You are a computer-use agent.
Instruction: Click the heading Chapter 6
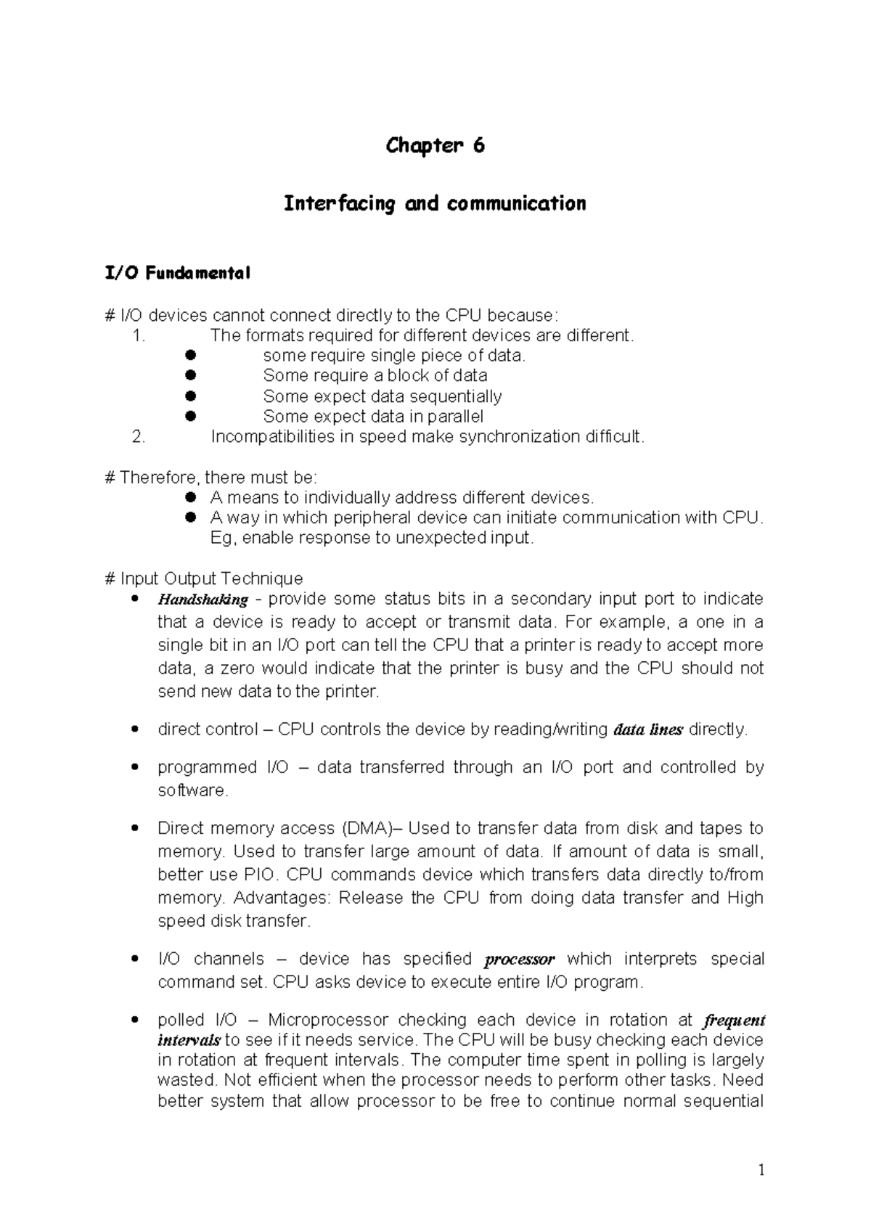pyautogui.click(x=435, y=146)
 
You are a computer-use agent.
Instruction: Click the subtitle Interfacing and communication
pyautogui.click(x=435, y=204)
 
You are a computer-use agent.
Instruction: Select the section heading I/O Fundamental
pyautogui.click(x=178, y=274)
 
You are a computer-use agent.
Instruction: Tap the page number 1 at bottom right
pyautogui.click(x=761, y=1169)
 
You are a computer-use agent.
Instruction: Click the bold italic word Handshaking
pyautogui.click(x=203, y=600)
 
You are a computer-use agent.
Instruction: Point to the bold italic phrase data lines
pyautogui.click(x=647, y=730)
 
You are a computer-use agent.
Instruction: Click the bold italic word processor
pyautogui.click(x=519, y=960)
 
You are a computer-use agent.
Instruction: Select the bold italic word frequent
pyautogui.click(x=735, y=1021)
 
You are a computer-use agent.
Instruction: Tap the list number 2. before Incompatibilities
pyautogui.click(x=139, y=437)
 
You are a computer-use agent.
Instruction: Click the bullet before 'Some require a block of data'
pyautogui.click(x=192, y=375)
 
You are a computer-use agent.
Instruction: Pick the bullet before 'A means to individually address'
pyautogui.click(x=192, y=498)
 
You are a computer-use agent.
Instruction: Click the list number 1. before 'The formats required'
pyautogui.click(x=139, y=335)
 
